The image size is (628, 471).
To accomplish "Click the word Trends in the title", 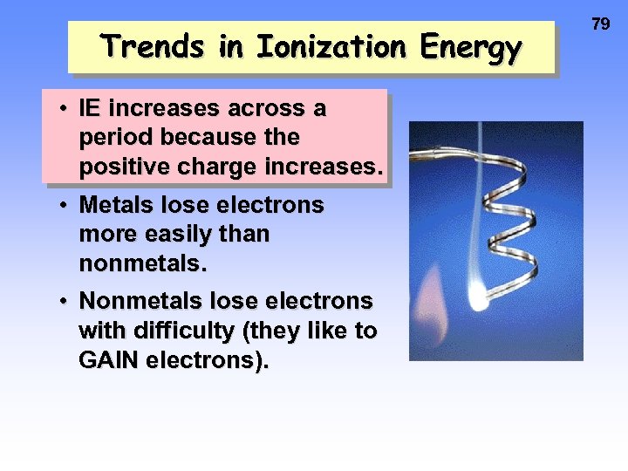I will tap(154, 47).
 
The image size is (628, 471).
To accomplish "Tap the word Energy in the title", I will tap(470, 47).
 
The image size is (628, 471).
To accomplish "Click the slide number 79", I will tap(601, 24).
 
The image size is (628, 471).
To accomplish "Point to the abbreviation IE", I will tap(89, 110).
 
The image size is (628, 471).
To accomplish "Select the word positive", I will tap(121, 167).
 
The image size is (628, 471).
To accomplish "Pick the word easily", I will tap(179, 234).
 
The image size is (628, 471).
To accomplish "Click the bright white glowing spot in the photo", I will tap(478, 301).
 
